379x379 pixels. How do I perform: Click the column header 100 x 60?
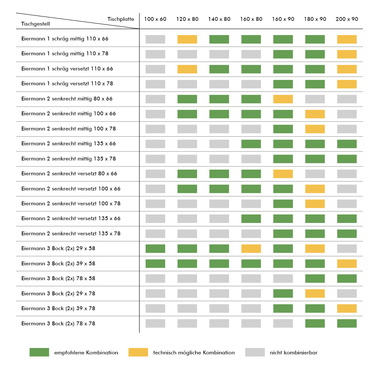pyautogui.click(x=155, y=19)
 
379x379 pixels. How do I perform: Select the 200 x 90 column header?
pyautogui.click(x=347, y=19)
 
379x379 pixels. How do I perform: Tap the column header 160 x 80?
pyautogui.click(x=251, y=19)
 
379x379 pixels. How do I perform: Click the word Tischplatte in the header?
pyautogui.click(x=121, y=19)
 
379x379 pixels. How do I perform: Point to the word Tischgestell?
pyautogui.click(x=35, y=24)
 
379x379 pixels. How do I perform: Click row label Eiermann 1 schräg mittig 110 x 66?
pyautogui.click(x=65, y=39)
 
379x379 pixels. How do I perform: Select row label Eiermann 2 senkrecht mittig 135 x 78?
pyautogui.click(x=69, y=159)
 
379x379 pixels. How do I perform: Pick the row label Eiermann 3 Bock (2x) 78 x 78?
pyautogui.click(x=58, y=323)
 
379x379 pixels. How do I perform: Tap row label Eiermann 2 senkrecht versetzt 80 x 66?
pyautogui.click(x=69, y=173)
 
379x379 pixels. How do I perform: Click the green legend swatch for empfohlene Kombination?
pyautogui.click(x=39, y=352)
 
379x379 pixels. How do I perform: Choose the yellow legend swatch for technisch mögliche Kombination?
pyautogui.click(x=138, y=352)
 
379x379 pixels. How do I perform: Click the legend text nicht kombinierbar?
pyautogui.click(x=294, y=352)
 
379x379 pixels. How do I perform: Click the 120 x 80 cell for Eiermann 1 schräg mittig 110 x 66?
pyautogui.click(x=187, y=39)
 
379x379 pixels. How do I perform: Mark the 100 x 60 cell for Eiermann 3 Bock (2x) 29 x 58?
pyautogui.click(x=155, y=249)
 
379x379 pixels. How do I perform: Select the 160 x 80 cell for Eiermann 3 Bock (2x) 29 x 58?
pyautogui.click(x=251, y=249)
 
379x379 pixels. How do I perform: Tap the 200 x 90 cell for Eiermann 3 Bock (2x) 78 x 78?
pyautogui.click(x=347, y=323)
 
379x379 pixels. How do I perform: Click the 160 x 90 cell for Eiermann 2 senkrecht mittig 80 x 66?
pyautogui.click(x=283, y=99)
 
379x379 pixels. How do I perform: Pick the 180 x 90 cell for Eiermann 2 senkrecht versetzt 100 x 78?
pyautogui.click(x=315, y=204)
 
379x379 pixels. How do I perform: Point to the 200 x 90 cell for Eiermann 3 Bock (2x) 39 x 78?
pyautogui.click(x=347, y=309)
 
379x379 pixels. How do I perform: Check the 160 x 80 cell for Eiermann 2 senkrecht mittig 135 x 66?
pyautogui.click(x=251, y=144)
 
